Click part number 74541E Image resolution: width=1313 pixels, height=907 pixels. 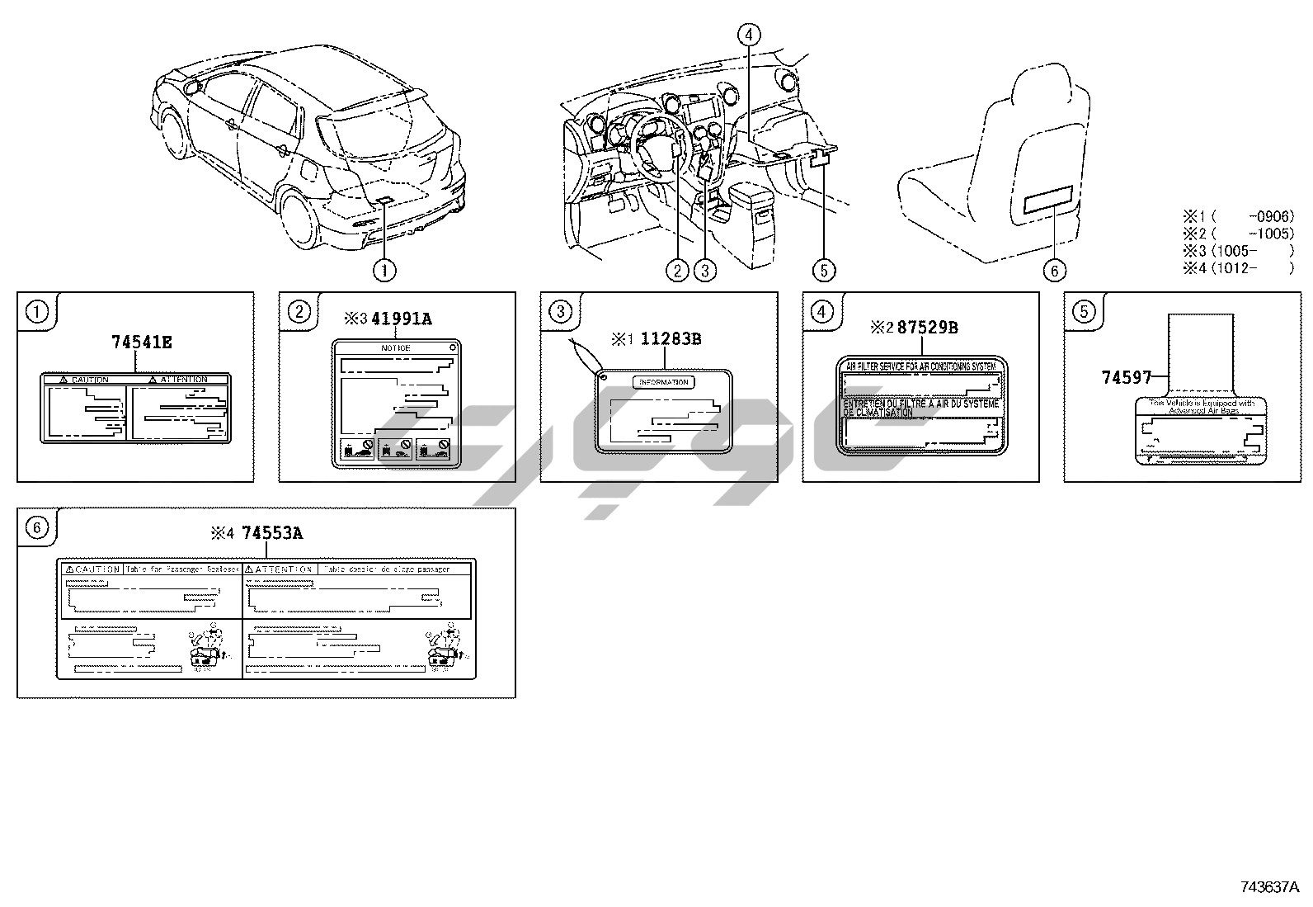tap(142, 341)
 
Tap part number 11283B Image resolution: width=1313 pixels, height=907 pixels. tap(671, 338)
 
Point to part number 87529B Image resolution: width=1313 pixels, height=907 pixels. tap(927, 327)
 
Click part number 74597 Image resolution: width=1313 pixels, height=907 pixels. tap(1127, 377)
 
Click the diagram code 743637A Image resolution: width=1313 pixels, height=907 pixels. tap(1269, 887)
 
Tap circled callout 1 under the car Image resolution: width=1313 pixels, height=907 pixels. tap(384, 269)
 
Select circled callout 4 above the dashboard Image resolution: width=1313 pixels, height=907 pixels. tap(748, 35)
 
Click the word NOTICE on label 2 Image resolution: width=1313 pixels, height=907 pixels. tap(395, 348)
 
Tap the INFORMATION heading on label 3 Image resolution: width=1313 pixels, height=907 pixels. tap(664, 382)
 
